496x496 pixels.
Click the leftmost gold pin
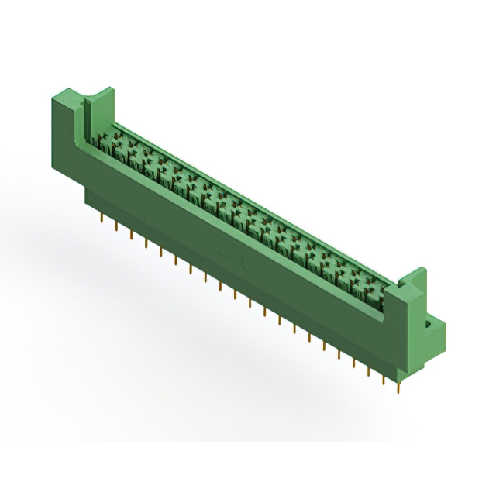101,222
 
